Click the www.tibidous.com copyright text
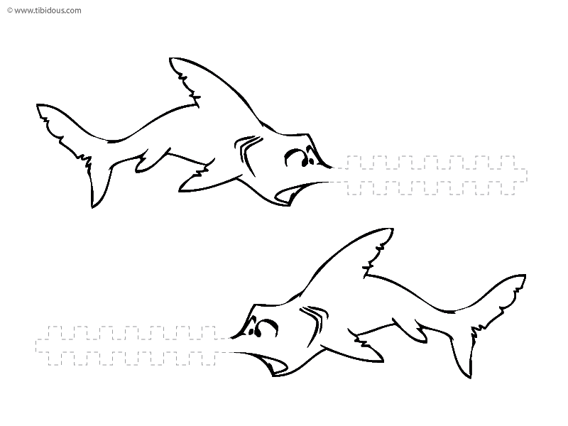point(44,11)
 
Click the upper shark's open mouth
point(289,192)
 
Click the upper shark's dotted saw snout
point(431,175)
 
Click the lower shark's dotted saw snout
point(133,346)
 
